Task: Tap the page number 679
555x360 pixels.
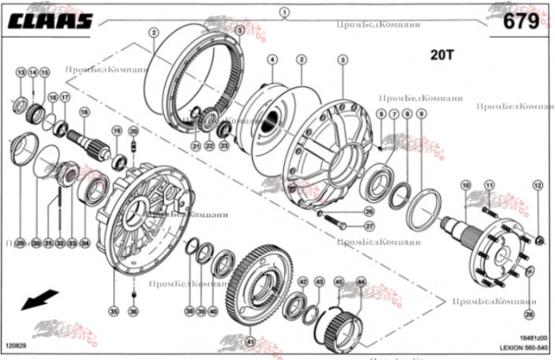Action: point(522,22)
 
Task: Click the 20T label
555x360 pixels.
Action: point(442,56)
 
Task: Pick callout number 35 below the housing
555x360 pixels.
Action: point(113,312)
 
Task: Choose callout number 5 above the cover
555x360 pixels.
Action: point(343,59)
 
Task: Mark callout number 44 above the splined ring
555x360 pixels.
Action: point(361,281)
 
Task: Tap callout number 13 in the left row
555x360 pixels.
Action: point(21,72)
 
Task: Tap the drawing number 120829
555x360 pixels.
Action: point(17,346)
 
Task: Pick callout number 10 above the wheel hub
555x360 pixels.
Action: point(465,185)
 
